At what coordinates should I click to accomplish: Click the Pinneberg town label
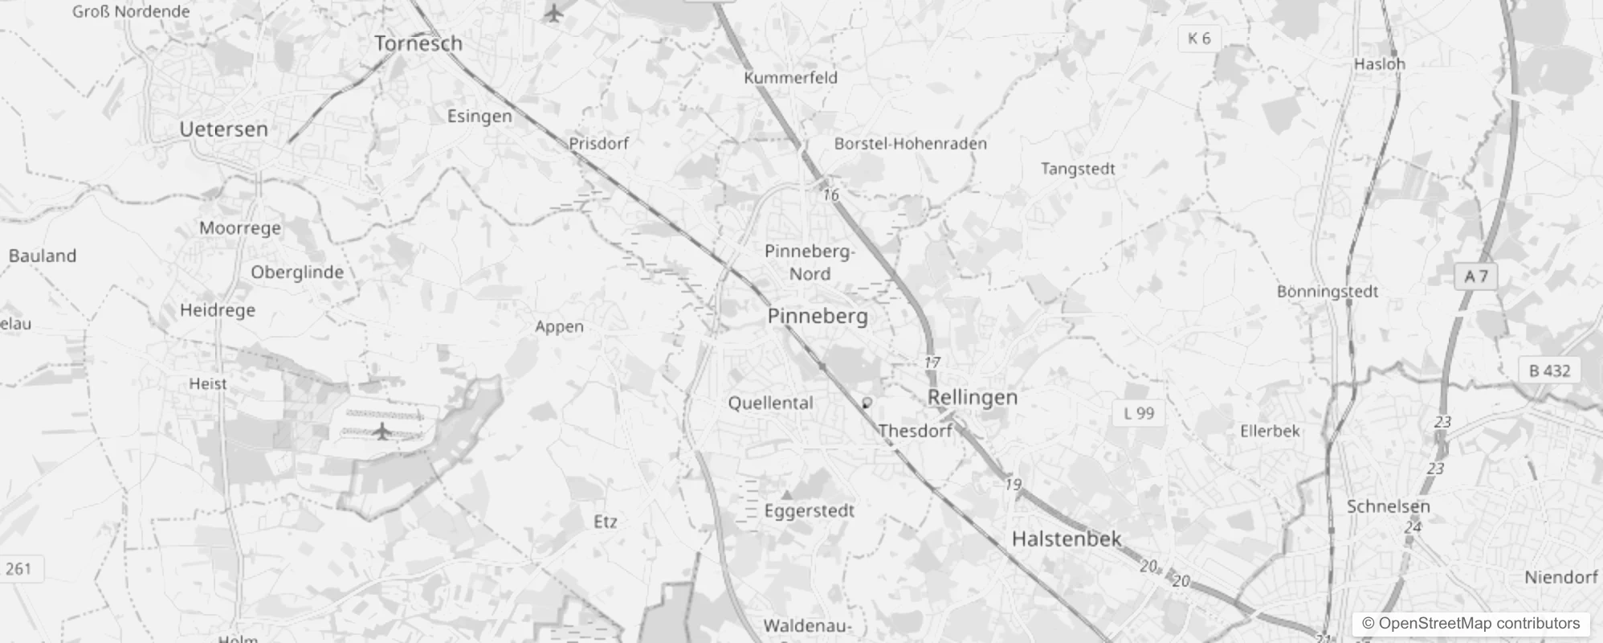[818, 316]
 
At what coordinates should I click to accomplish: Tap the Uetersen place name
[223, 129]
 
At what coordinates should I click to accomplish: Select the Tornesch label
[418, 43]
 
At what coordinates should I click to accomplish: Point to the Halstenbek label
[1066, 539]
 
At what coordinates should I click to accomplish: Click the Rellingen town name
[972, 397]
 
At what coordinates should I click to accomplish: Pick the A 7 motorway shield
[1476, 276]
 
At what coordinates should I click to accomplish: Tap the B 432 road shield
[1549, 371]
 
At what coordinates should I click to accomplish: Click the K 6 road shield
[1198, 38]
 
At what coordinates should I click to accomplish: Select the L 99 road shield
[1139, 413]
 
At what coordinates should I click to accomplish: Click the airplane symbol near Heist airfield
[382, 432]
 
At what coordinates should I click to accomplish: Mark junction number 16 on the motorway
[830, 195]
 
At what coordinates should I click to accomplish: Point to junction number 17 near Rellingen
[932, 362]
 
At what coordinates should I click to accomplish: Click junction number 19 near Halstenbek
[1013, 484]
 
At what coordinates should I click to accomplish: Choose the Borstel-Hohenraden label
[910, 144]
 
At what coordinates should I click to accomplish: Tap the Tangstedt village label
[1078, 169]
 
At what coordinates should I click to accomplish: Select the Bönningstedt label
[1327, 292]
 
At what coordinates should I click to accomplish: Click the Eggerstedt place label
[809, 511]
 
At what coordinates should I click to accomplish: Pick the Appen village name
[559, 326]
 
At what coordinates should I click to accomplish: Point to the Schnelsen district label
[1388, 506]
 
